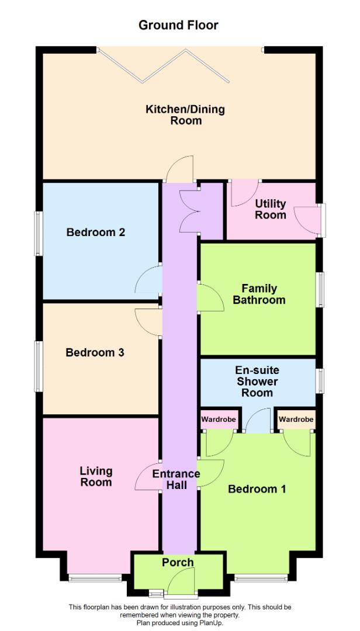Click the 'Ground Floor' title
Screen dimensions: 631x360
click(x=178, y=25)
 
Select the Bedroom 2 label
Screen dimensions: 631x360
click(x=96, y=232)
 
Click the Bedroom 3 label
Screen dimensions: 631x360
click(x=95, y=352)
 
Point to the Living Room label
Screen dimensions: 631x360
click(x=96, y=476)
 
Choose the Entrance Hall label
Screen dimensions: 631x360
click(x=176, y=479)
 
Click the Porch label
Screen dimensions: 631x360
click(x=178, y=562)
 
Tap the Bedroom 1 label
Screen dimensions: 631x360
click(x=257, y=488)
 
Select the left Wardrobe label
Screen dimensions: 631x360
click(x=219, y=419)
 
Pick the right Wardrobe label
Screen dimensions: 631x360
click(x=296, y=419)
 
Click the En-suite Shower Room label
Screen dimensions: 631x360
click(x=257, y=381)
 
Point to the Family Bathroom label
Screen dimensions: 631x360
click(x=259, y=294)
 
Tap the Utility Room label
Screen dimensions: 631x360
click(x=271, y=209)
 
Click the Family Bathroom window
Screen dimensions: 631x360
click(x=320, y=289)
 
